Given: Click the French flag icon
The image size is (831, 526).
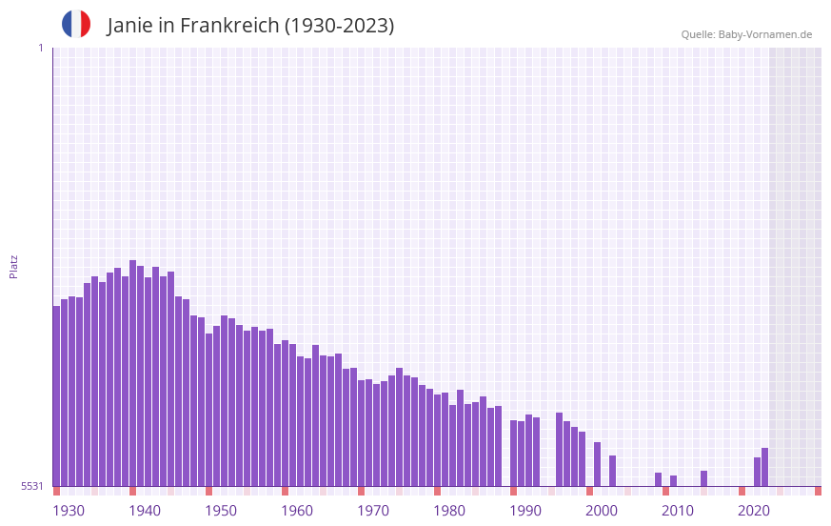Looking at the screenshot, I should (76, 24).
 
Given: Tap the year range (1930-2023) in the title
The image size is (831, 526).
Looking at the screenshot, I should (339, 26).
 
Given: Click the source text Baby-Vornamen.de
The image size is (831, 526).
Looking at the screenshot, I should (764, 34).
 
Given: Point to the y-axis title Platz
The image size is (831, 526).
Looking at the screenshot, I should (13, 266).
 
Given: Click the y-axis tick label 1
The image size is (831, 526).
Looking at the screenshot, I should (40, 48).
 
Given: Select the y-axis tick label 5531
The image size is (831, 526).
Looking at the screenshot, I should (32, 486).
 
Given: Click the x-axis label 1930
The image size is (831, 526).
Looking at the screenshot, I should (69, 511).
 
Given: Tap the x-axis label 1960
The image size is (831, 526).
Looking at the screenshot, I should (297, 511).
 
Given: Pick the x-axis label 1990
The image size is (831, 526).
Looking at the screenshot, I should (525, 511).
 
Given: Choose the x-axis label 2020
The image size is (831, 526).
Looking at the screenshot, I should (754, 511).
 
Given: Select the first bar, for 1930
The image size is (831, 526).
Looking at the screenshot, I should (56, 395).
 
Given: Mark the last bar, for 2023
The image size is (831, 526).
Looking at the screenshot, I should (764, 467).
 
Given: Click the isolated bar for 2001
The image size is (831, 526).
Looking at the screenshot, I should (597, 464).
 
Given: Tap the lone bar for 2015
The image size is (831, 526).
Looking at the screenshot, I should (703, 478).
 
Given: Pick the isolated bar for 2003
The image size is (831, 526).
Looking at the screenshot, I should (612, 471).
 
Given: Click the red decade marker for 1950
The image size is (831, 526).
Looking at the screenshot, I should (208, 491).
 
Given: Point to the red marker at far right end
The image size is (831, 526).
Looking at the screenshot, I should (818, 491).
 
